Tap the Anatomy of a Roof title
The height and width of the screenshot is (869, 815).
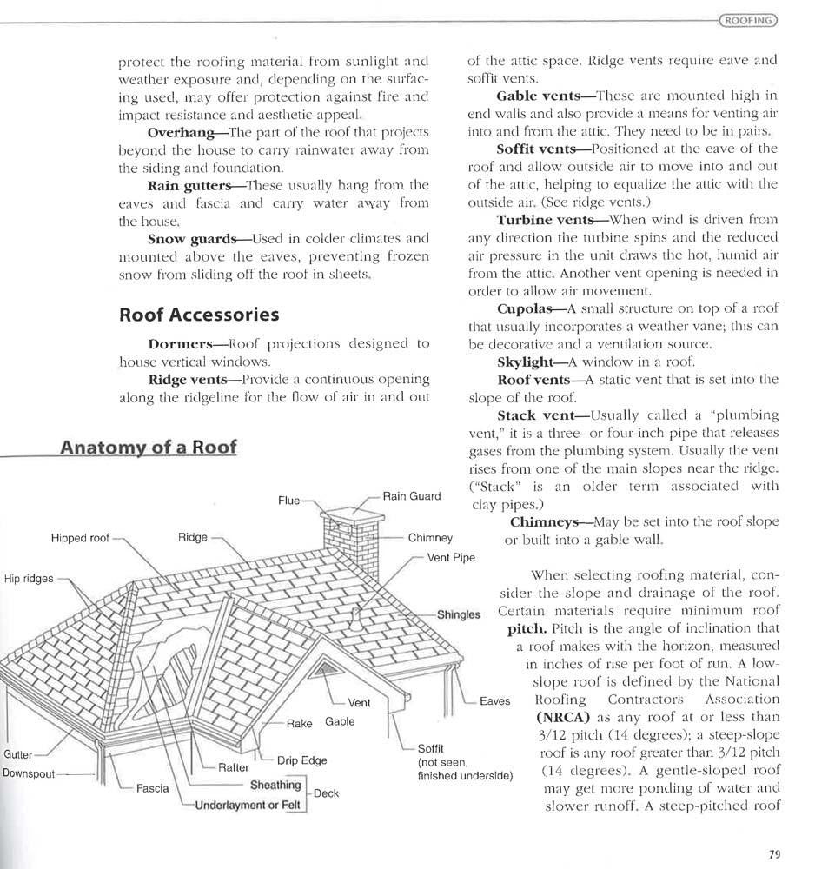point(148,448)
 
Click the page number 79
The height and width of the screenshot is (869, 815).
point(774,853)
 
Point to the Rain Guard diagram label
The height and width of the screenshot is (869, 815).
point(411,496)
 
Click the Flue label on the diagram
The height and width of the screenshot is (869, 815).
point(288,501)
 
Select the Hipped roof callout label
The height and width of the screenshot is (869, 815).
point(80,538)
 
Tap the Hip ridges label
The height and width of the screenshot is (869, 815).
point(29,579)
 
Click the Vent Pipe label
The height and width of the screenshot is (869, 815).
point(451,557)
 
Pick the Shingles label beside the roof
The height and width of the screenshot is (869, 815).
point(458,614)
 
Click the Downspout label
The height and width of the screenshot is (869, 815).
point(30,772)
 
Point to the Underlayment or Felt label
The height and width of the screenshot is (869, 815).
point(247,805)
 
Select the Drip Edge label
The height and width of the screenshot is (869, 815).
point(301,760)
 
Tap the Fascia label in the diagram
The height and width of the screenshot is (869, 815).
point(152,789)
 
